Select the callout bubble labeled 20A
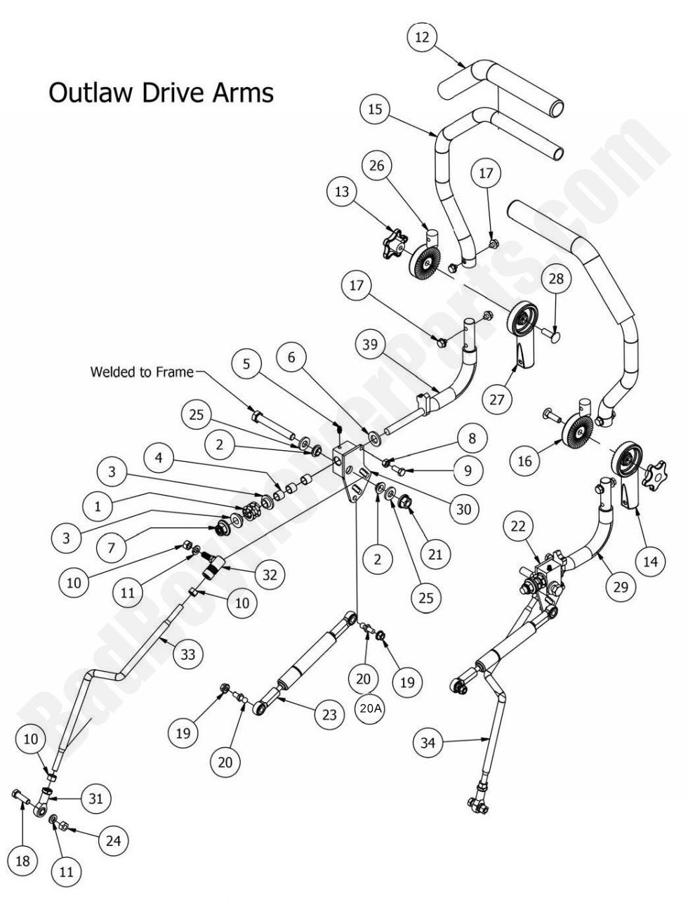tap(371, 709)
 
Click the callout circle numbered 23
tap(330, 715)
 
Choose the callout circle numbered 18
tap(22, 861)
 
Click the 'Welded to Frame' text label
tap(141, 371)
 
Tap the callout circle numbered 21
tap(435, 555)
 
